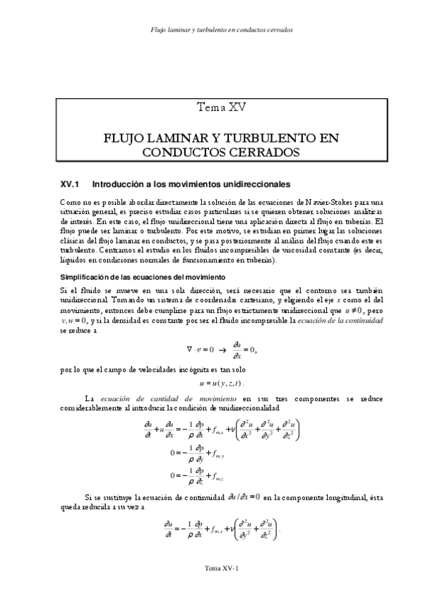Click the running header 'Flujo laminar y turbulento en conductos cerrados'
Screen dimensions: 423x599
(x=222, y=30)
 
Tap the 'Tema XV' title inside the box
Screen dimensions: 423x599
(x=222, y=107)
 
